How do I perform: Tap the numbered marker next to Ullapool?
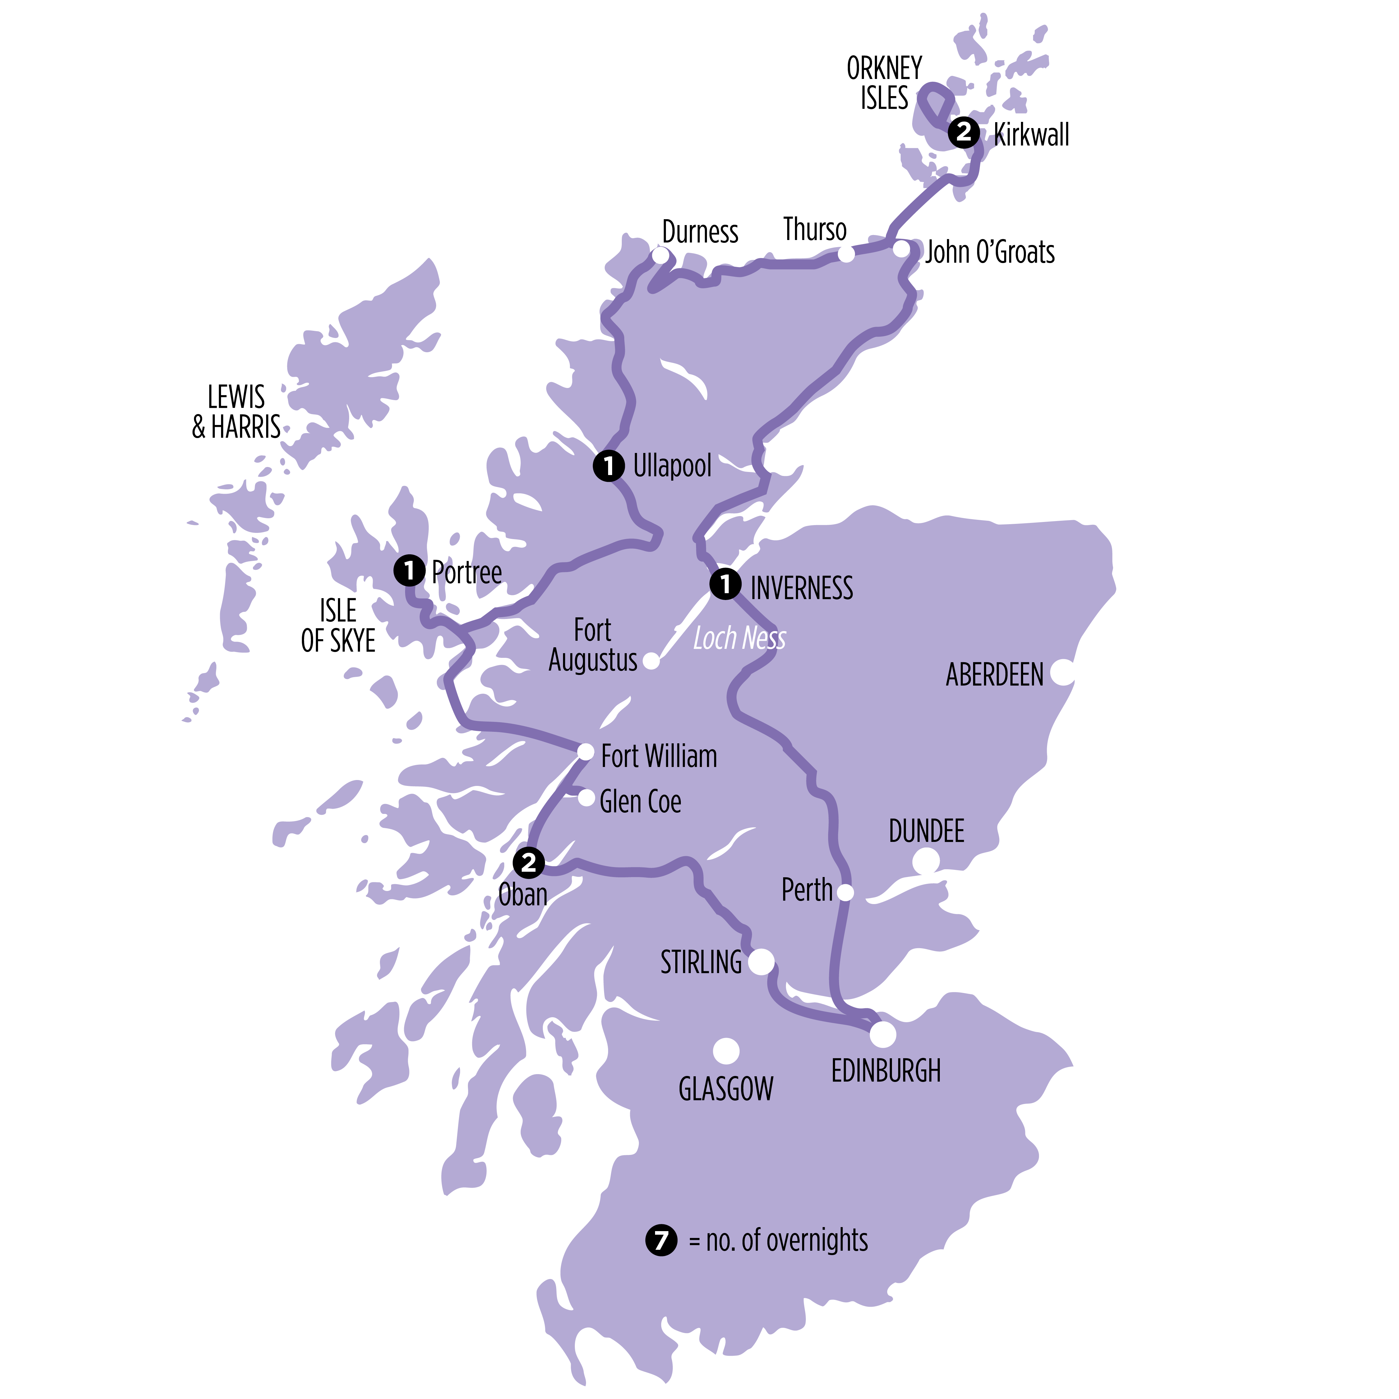pyautogui.click(x=608, y=466)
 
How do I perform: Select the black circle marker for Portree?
pyautogui.click(x=409, y=570)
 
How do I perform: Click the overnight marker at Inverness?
pyautogui.click(x=725, y=584)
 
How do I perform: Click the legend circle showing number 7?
pyautogui.click(x=661, y=1240)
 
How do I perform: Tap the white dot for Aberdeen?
pyautogui.click(x=1062, y=671)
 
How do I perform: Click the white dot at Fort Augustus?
pyautogui.click(x=651, y=660)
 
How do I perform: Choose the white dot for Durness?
pyautogui.click(x=660, y=255)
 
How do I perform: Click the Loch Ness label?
pyautogui.click(x=739, y=639)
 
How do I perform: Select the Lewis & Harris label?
pyautogui.click(x=236, y=412)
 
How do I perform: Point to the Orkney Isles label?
pyautogui.click(x=884, y=83)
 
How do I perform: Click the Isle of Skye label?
pyautogui.click(x=338, y=626)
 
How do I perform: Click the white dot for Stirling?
pyautogui.click(x=761, y=962)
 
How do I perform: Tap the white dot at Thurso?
pyautogui.click(x=846, y=254)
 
